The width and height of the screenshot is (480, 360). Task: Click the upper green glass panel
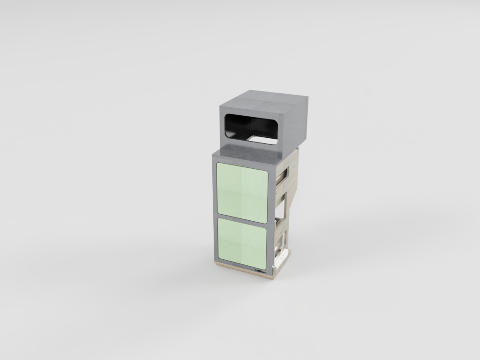click(x=241, y=191)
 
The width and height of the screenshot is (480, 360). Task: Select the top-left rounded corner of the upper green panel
click(x=218, y=165)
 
